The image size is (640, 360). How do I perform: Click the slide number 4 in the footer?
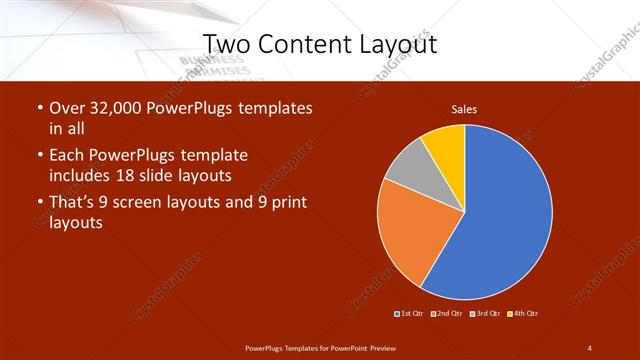tap(589, 347)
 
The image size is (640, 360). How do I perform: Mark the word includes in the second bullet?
tap(86, 175)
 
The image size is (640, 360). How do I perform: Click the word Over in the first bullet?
tap(68, 108)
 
